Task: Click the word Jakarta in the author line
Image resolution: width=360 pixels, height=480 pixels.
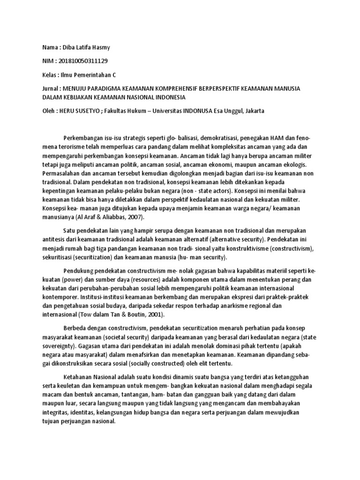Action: [254, 111]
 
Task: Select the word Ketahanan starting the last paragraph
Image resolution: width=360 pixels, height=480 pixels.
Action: [77, 377]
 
